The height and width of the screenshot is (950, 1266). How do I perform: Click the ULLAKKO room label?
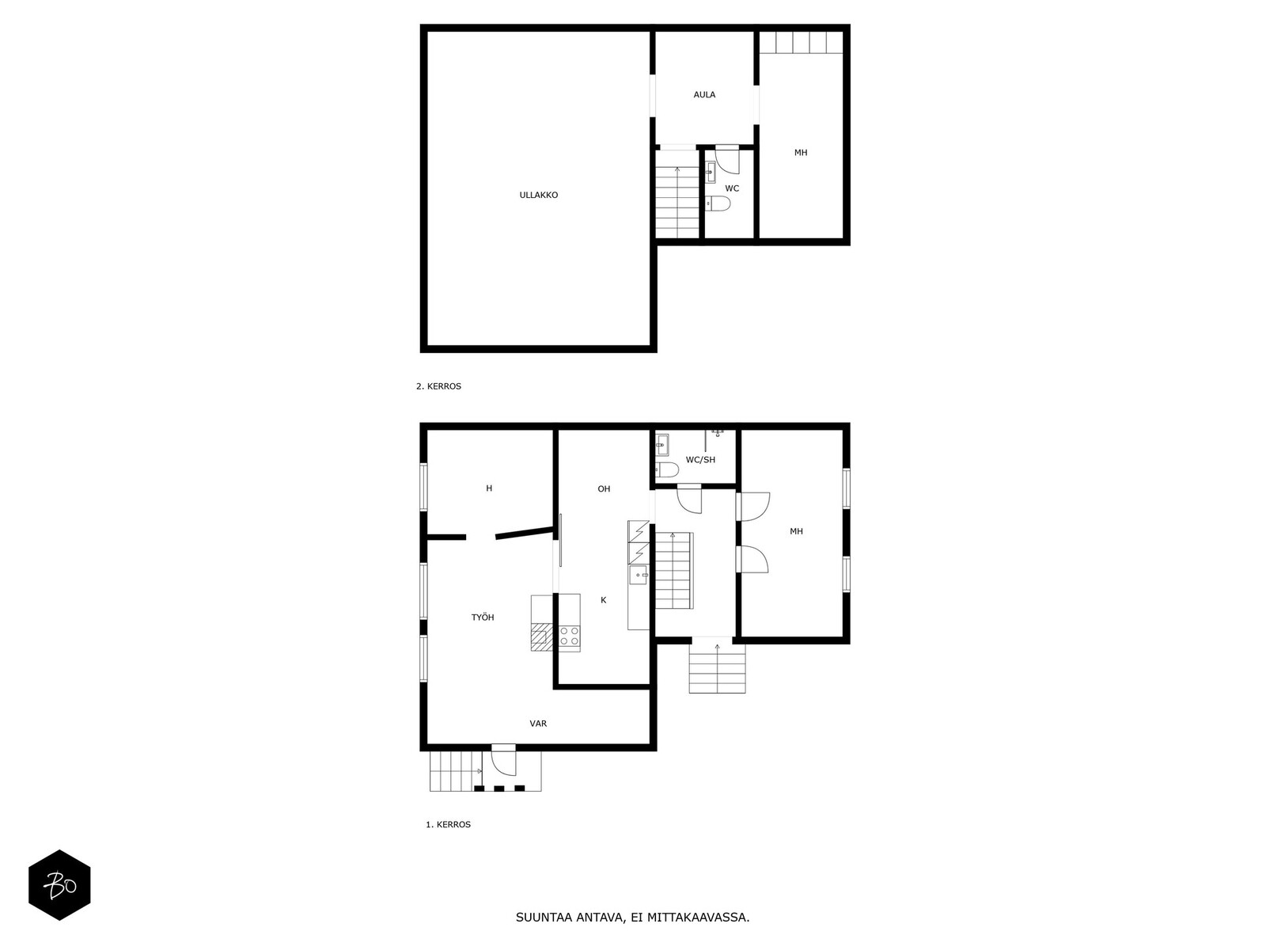tap(538, 195)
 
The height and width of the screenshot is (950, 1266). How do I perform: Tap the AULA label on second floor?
tap(704, 95)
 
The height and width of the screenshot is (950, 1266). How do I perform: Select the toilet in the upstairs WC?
tap(718, 204)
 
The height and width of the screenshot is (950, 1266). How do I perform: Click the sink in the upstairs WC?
tap(710, 169)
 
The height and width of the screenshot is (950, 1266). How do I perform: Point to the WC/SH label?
tap(700, 460)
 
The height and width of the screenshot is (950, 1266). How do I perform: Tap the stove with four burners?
tap(569, 636)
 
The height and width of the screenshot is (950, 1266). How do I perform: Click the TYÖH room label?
tap(483, 617)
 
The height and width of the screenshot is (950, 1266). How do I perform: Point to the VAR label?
tap(538, 724)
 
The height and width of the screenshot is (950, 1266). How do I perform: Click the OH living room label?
tap(604, 489)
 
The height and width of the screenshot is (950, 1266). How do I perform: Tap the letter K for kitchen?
tap(603, 600)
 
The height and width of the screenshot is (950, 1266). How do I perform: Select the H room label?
tap(489, 488)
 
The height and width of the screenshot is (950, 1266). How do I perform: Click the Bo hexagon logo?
tap(59, 885)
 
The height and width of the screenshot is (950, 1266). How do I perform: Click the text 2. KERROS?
tap(438, 387)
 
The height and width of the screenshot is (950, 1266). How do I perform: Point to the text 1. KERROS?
tap(448, 825)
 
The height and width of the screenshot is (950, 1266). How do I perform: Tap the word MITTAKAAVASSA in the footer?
tap(697, 918)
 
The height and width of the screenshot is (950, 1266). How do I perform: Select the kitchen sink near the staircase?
tap(639, 576)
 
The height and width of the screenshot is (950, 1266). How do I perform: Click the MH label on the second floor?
tap(801, 153)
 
